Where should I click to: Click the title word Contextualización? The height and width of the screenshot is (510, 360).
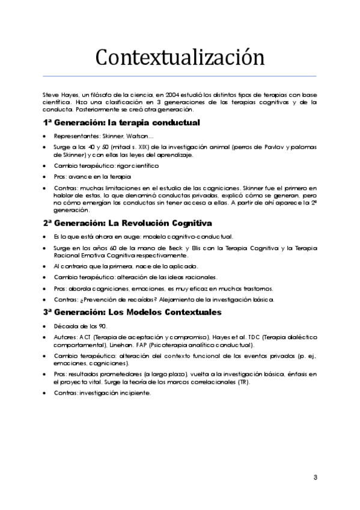pyautogui.click(x=180, y=58)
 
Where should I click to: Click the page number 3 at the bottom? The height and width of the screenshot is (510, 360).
pyautogui.click(x=315, y=478)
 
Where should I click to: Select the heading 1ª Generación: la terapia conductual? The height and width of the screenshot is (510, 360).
pyautogui.click(x=121, y=123)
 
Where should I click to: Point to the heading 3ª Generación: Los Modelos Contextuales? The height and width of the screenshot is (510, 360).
pyautogui.click(x=132, y=312)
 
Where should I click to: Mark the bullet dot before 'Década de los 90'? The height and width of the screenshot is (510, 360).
pyautogui.click(x=45, y=327)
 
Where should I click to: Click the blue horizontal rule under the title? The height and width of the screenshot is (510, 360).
pyautogui.click(x=180, y=76)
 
